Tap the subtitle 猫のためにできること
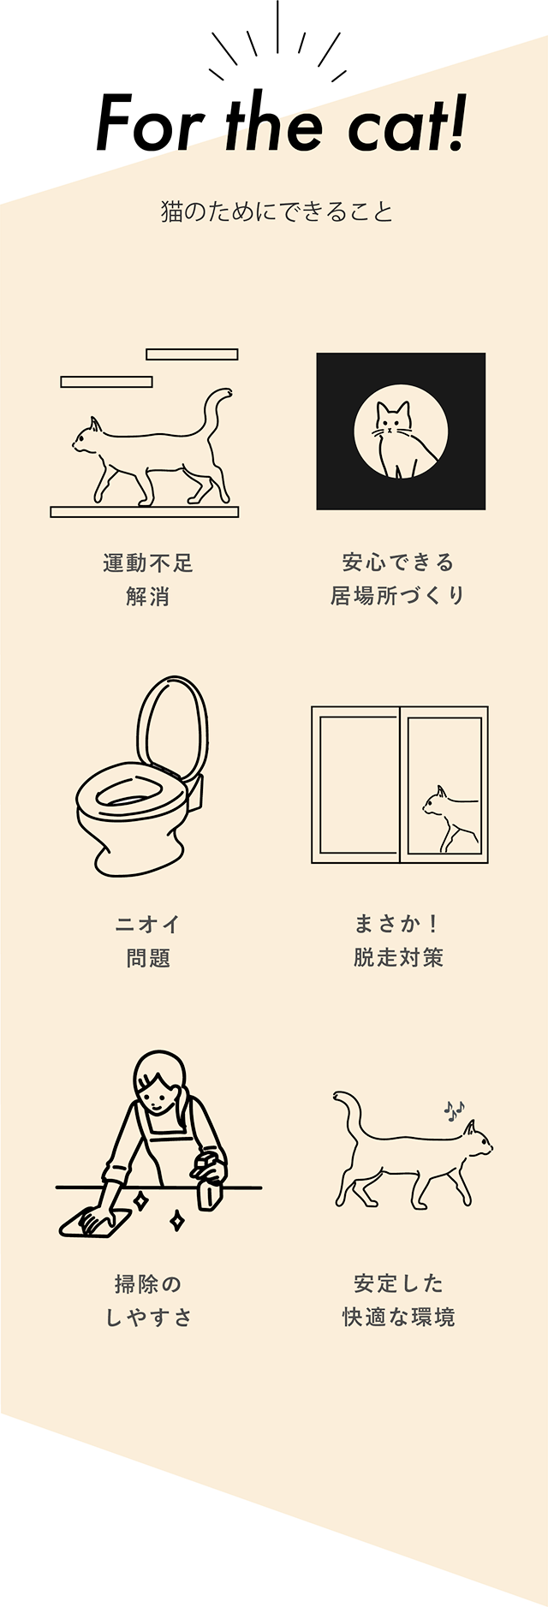[x=277, y=211]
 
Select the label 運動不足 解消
[x=148, y=580]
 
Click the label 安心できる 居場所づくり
[x=398, y=579]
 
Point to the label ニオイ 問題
[x=148, y=941]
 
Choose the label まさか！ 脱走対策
[x=398, y=940]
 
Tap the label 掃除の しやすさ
[x=148, y=1300]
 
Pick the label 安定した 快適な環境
[x=398, y=1300]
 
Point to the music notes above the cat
[x=454, y=1110]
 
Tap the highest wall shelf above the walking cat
[x=192, y=354]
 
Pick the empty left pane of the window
[x=359, y=785]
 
